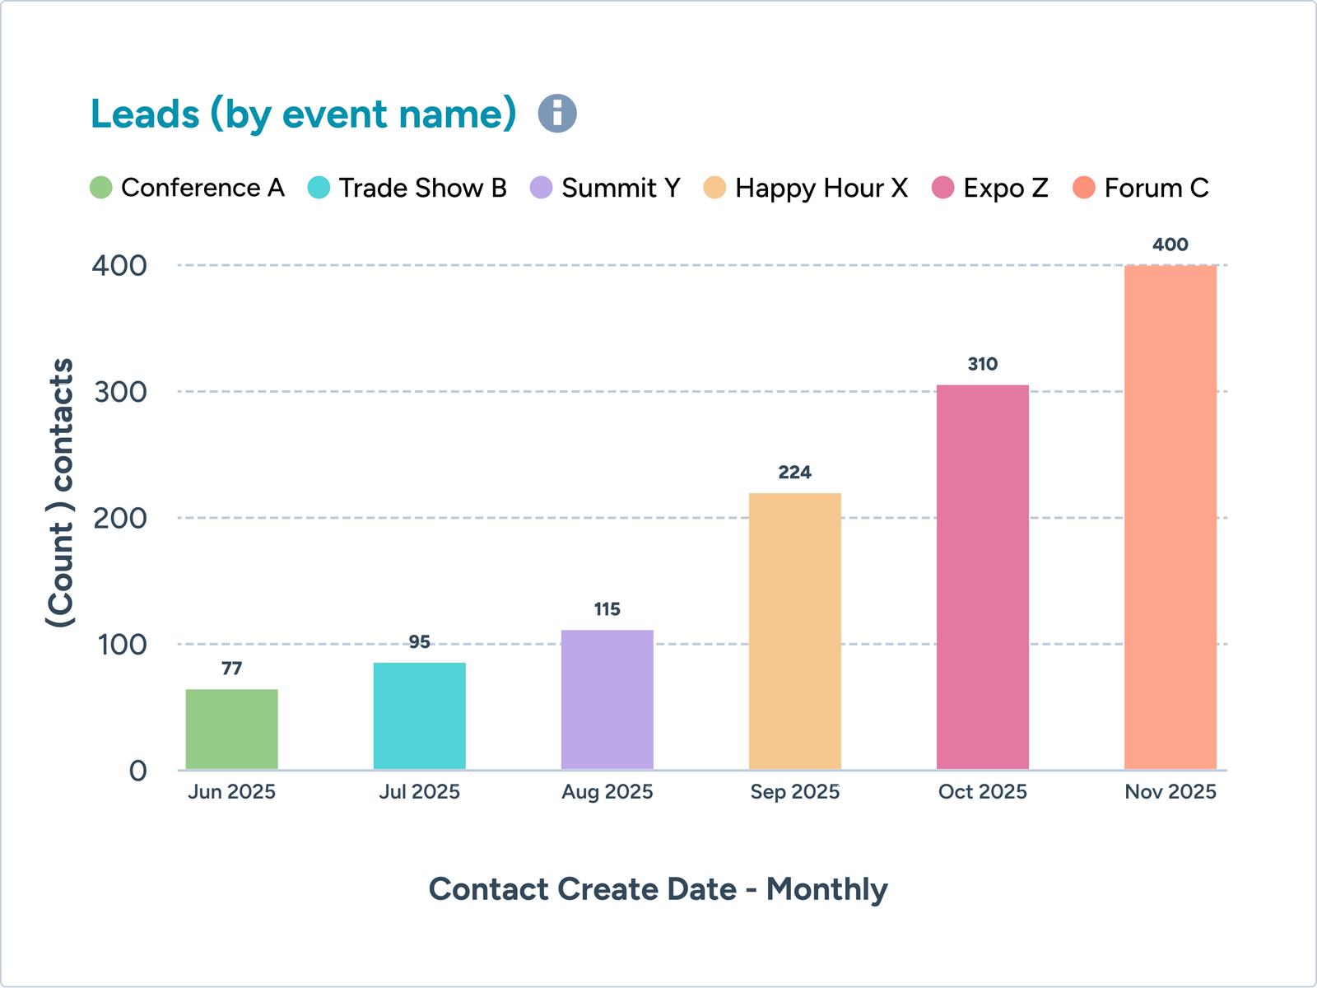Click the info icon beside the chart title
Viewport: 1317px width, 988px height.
coord(557,114)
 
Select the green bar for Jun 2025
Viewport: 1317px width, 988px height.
coord(231,729)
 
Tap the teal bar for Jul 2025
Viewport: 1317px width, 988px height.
coord(419,716)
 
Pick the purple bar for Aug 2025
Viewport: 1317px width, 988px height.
coord(607,700)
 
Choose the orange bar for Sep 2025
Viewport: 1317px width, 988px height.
coord(794,631)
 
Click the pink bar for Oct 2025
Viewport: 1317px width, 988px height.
coord(982,577)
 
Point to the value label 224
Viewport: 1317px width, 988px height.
coord(794,473)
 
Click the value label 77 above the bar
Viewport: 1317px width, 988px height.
coord(231,669)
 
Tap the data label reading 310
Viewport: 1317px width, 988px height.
coord(982,364)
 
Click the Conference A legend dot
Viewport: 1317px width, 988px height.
coord(100,188)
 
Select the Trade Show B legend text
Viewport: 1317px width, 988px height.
coord(422,188)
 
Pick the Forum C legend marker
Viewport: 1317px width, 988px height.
coord(1084,188)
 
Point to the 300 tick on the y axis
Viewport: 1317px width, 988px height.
coord(120,392)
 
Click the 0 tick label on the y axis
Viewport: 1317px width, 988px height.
coord(137,771)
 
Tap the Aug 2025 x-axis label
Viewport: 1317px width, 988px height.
coord(607,792)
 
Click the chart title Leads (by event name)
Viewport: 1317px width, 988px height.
coord(303,114)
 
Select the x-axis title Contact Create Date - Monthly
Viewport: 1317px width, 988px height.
coord(658,889)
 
